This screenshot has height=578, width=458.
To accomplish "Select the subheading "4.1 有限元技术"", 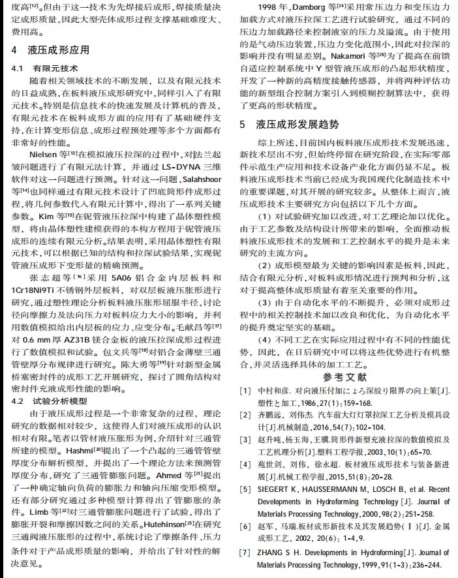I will click(x=45, y=68).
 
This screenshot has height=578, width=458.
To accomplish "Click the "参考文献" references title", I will click(x=344, y=377).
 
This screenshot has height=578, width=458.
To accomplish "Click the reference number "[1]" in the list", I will click(x=245, y=391).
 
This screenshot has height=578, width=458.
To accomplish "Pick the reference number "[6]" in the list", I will click(x=245, y=525).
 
